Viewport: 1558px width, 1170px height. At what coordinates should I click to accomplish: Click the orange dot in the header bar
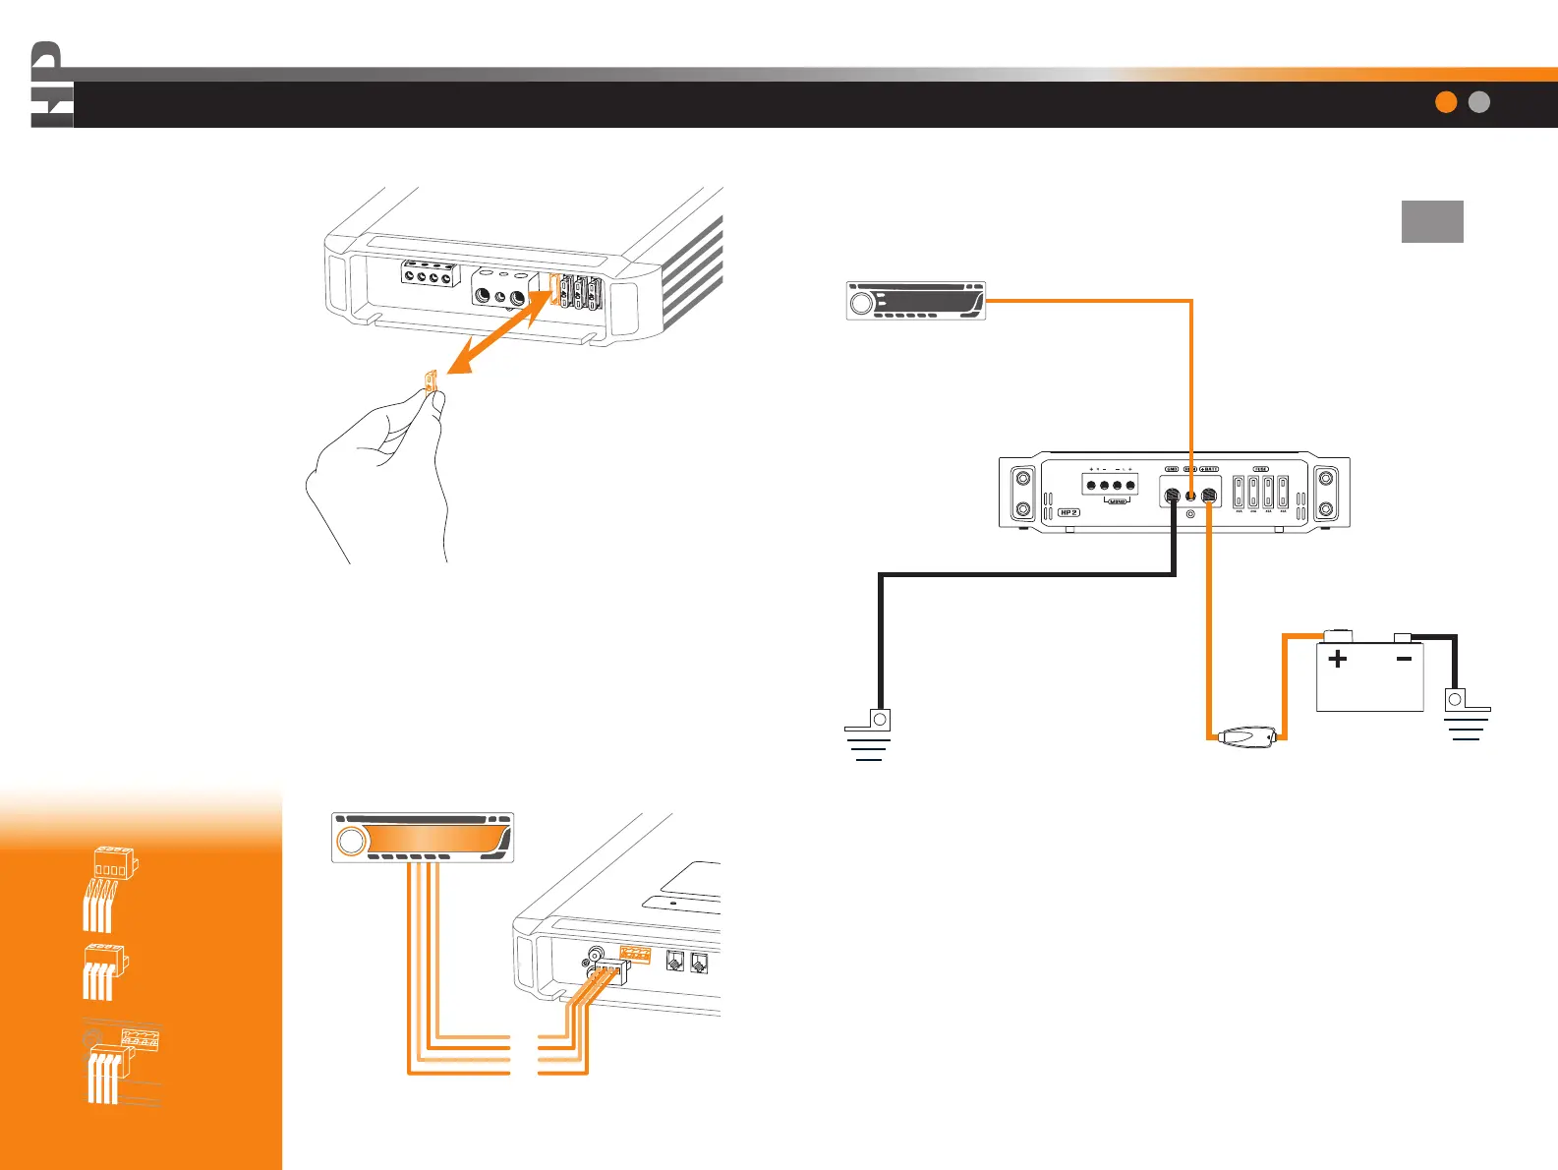(x=1446, y=102)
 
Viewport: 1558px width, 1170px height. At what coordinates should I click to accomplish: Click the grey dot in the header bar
(x=1479, y=102)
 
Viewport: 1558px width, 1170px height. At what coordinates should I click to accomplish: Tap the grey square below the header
(x=1432, y=221)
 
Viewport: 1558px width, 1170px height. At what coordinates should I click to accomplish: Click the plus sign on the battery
(x=1338, y=659)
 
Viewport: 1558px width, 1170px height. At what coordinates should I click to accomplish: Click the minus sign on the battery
(x=1404, y=659)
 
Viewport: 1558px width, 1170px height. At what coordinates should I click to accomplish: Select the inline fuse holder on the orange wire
(x=1246, y=735)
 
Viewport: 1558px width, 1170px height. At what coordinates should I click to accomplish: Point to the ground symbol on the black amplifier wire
(x=870, y=735)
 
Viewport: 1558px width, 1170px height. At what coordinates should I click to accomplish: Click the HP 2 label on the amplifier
(x=1068, y=512)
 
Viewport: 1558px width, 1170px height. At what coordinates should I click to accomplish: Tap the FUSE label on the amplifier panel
(x=1260, y=469)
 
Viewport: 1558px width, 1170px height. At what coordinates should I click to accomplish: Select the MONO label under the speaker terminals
(x=1117, y=501)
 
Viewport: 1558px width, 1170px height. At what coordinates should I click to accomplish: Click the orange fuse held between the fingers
(x=430, y=380)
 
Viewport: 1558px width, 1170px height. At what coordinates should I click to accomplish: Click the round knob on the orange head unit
(x=351, y=841)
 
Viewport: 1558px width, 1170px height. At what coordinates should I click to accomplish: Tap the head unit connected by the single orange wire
(x=915, y=301)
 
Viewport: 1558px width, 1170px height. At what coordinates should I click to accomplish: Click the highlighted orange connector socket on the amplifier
(x=635, y=954)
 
